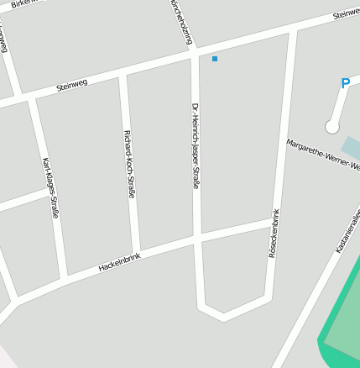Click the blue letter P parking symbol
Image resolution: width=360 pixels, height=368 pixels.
(x=345, y=84)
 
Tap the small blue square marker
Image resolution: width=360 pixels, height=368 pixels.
(x=215, y=59)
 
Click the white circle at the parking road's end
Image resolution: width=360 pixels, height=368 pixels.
(x=332, y=127)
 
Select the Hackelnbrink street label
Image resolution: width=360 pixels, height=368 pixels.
(x=119, y=262)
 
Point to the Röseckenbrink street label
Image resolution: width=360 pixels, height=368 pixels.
(x=273, y=234)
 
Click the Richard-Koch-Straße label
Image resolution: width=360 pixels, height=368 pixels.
(x=129, y=164)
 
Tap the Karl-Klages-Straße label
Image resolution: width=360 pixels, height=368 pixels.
(x=50, y=188)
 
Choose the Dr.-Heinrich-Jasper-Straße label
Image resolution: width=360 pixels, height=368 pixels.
(x=196, y=145)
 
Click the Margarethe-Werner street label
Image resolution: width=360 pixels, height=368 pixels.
(x=323, y=155)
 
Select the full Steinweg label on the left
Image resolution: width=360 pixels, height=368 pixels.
(x=71, y=85)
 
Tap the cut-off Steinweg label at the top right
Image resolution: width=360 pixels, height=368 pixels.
(x=346, y=14)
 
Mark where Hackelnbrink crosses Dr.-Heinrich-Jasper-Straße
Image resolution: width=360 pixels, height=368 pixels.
(x=198, y=239)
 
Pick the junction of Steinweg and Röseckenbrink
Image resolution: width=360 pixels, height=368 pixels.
(x=293, y=31)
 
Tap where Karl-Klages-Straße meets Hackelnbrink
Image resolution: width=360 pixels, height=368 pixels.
(x=65, y=278)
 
